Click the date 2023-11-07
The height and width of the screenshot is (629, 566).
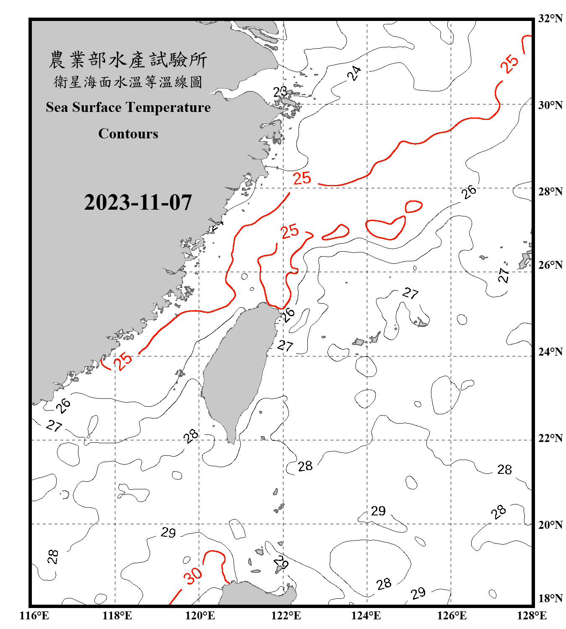tap(138, 203)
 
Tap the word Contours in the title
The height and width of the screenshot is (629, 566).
tap(128, 134)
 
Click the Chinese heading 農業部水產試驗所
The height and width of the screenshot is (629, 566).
tap(128, 60)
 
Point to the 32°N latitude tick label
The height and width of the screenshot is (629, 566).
tap(550, 18)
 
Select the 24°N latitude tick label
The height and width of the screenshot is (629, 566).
tap(550, 351)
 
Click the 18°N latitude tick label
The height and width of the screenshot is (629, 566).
tap(550, 598)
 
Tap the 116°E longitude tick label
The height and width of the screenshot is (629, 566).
tap(34, 616)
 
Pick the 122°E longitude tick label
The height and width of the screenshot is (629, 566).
tap(286, 616)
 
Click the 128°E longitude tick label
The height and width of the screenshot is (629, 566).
tap(532, 616)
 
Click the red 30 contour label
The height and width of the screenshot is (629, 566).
tap(193, 576)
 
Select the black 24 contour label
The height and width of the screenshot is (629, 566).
tap(354, 73)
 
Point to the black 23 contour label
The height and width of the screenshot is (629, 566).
tap(280, 91)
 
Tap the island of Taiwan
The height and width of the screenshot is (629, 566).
tap(237, 369)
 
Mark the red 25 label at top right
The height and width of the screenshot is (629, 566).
tap(510, 64)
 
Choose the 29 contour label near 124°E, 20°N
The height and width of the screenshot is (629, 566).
tap(378, 511)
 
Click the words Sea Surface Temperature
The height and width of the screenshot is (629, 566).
tap(128, 107)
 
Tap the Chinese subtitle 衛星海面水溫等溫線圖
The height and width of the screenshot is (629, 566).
tap(128, 82)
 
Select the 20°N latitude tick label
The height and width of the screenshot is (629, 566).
tap(550, 525)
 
